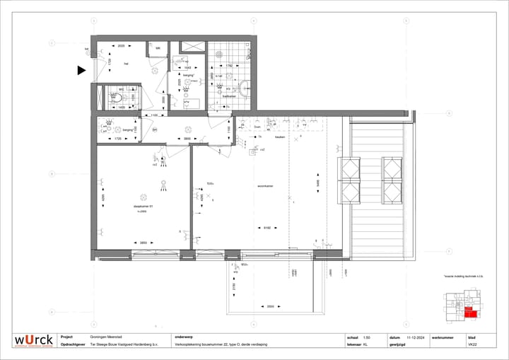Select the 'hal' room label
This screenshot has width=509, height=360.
(125, 64)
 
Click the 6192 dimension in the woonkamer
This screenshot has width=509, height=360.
(267, 227)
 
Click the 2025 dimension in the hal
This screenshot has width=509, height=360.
(121, 45)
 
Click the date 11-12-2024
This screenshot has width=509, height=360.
(417, 337)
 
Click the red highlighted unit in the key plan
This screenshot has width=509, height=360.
(471, 313)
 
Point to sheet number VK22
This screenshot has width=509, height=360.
(472, 345)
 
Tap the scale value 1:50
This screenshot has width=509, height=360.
(366, 337)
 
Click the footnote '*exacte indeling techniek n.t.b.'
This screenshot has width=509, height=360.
(462, 277)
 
